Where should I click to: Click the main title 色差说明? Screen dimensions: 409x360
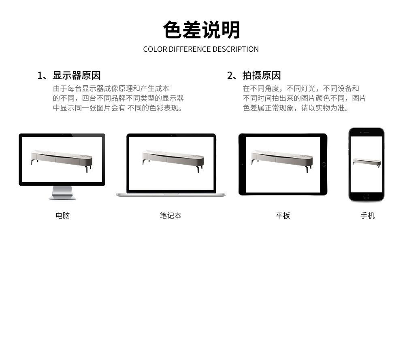[x=201, y=30]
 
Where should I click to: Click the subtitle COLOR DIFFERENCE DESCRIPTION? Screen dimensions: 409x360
[x=201, y=49]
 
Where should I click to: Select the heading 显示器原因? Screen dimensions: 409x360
[x=77, y=75]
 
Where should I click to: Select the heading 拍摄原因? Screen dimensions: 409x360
[x=262, y=75]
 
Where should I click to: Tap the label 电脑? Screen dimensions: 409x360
[x=63, y=216]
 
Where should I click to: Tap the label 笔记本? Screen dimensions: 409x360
[x=170, y=216]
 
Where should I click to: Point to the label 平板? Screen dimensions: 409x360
[x=283, y=216]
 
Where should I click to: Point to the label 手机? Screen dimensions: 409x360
[x=368, y=216]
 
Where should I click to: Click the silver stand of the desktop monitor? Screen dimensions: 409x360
[x=62, y=193]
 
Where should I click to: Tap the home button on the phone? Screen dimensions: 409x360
[x=366, y=197]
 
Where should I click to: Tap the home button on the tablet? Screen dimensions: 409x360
[x=324, y=164]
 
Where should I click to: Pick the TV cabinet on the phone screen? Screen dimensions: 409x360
[x=366, y=163]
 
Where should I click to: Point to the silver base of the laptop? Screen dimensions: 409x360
[x=171, y=195]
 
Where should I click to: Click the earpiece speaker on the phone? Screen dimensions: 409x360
[x=366, y=132]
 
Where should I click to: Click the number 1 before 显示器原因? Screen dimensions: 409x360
[x=40, y=76]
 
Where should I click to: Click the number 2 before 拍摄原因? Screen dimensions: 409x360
[x=230, y=76]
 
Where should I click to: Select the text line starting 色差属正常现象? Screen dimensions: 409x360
[x=296, y=108]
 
